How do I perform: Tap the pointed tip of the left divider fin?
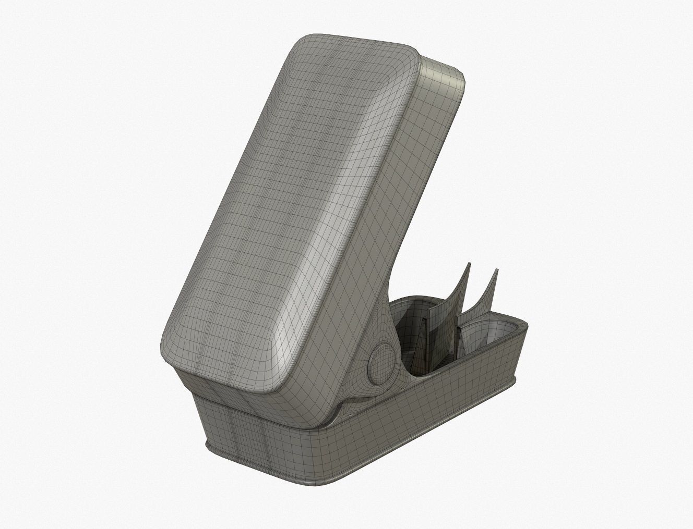point(468,265)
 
